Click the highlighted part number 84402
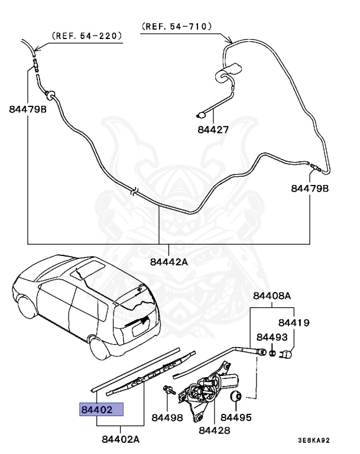pos(97,410)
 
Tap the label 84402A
pos(121,439)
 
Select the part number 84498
pos(167,417)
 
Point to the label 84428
pos(215,430)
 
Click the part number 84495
pos(236,417)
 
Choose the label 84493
pos(272,337)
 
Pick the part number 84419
pos(294,323)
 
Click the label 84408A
pos(272,296)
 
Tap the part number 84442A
pos(169,262)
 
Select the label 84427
pos(213,129)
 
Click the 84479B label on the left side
pos(28,109)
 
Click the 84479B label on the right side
pos(310,189)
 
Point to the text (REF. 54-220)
pos(86,35)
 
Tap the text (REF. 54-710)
pos(177,27)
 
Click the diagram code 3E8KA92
pos(314,440)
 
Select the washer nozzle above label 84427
pos(201,115)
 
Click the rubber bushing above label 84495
pos(236,395)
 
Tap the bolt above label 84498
pos(169,390)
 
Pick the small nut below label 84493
pos(273,354)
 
